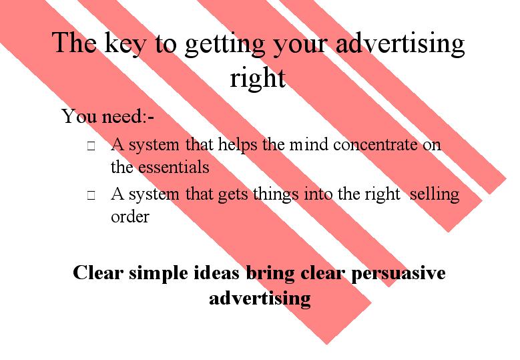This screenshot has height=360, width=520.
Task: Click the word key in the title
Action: pyautogui.click(x=125, y=44)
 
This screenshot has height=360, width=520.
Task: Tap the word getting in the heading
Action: pyautogui.click(x=224, y=45)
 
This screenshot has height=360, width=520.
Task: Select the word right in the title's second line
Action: pyautogui.click(x=258, y=79)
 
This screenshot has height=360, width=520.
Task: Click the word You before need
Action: pyautogui.click(x=79, y=116)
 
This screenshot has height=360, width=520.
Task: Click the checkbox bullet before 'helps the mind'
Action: pyautogui.click(x=91, y=146)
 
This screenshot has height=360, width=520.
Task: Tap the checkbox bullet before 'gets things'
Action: pyautogui.click(x=91, y=196)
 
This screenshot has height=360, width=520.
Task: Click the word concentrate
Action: pyautogui.click(x=375, y=145)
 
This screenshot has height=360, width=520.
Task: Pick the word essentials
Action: pyautogui.click(x=174, y=167)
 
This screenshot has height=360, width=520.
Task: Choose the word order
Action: pyautogui.click(x=130, y=216)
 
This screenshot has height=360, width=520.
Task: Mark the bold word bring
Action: pyautogui.click(x=270, y=274)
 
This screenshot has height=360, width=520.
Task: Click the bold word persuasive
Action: pyautogui.click(x=399, y=274)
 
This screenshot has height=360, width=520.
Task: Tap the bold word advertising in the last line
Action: pyautogui.click(x=260, y=299)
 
